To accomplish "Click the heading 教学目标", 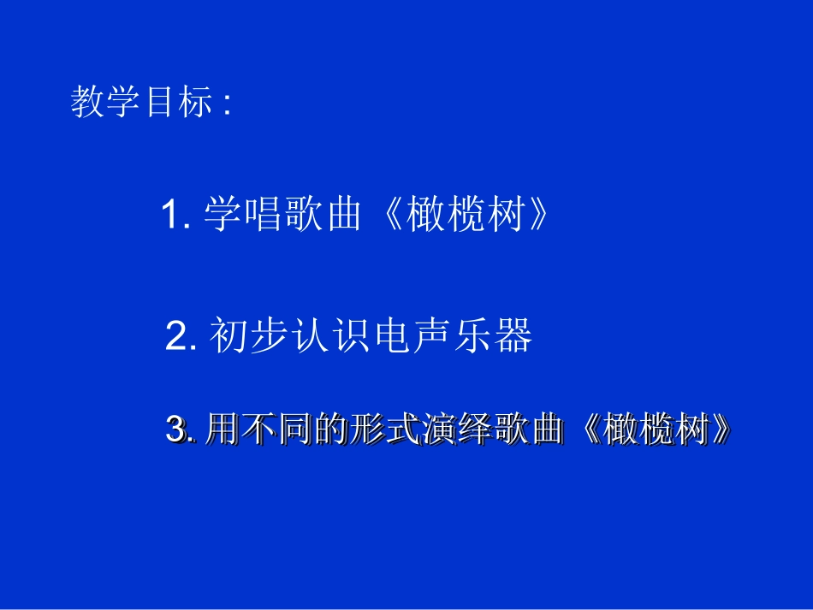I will point(141,104).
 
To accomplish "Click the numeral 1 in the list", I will point(172,215).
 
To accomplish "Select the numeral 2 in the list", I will point(177,337).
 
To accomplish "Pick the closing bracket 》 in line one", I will point(534,215).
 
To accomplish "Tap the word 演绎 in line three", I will point(454,429).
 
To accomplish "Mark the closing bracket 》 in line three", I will point(724,429).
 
